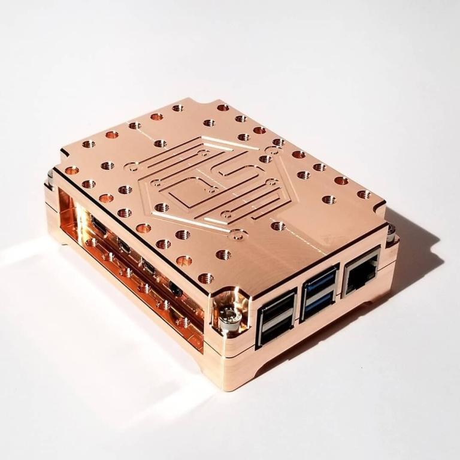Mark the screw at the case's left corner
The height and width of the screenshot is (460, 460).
50,178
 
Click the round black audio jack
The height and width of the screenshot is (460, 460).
175,289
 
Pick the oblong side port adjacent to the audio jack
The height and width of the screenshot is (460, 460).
149,267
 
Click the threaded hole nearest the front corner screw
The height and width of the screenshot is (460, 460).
206,278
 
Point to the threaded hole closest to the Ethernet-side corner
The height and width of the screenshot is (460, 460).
364,194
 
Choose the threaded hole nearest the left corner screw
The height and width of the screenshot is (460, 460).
72,170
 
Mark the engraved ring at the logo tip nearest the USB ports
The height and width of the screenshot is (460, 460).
237,235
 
